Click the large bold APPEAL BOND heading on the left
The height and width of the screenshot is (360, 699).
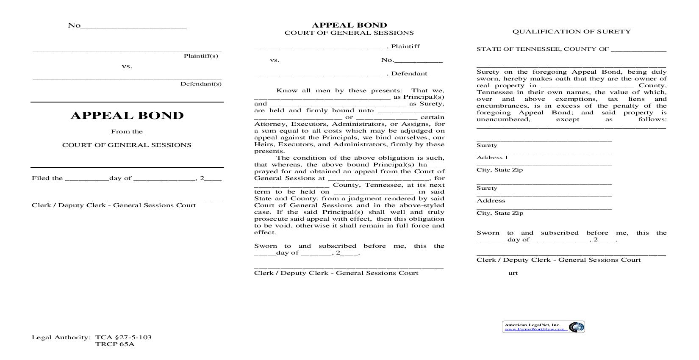point(127,116)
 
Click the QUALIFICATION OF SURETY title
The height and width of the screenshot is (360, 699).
point(571,31)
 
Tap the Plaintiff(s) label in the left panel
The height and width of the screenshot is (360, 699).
point(201,56)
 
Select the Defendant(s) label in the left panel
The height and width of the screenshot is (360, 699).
point(201,84)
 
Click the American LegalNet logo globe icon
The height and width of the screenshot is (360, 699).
point(576,327)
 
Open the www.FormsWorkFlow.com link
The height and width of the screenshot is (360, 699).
point(535,329)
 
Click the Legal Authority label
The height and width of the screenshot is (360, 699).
point(61,338)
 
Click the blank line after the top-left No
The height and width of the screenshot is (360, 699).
point(133,26)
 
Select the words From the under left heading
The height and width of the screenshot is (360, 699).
point(127,132)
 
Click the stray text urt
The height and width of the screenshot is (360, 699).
point(513,273)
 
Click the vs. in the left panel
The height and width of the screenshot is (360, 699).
point(127,66)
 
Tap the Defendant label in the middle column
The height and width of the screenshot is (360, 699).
point(409,74)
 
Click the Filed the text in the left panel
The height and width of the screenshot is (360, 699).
point(47,178)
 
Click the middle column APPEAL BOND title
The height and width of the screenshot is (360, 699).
point(349,25)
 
